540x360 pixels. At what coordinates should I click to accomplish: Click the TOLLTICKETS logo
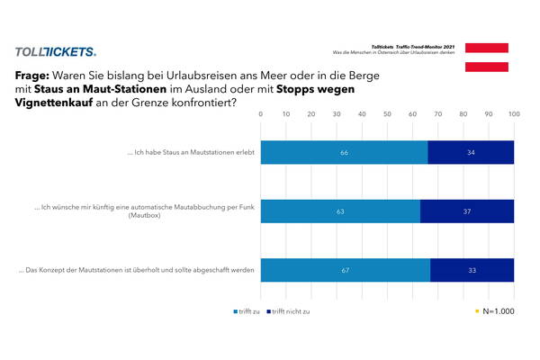pyautogui.click(x=55, y=53)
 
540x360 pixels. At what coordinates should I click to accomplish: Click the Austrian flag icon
pyautogui.click(x=487, y=57)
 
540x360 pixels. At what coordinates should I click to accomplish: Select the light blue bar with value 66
pyautogui.click(x=344, y=153)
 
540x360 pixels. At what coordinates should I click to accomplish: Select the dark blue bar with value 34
pyautogui.click(x=471, y=153)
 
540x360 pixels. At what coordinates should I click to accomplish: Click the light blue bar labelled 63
pyautogui.click(x=340, y=211)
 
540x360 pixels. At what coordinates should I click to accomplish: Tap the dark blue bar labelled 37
pyautogui.click(x=467, y=211)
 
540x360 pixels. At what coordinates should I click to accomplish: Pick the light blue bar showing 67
pyautogui.click(x=346, y=270)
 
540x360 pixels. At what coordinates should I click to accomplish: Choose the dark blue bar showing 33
pyautogui.click(x=472, y=270)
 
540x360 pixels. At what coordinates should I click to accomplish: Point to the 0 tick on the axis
pyautogui.click(x=261, y=114)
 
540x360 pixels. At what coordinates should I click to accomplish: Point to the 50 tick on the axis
pyautogui.click(x=388, y=114)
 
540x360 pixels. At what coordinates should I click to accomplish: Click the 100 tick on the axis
pyautogui.click(x=514, y=114)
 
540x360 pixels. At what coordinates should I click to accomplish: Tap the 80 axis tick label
pyautogui.click(x=463, y=114)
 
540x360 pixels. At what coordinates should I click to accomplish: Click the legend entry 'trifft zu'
pyautogui.click(x=247, y=311)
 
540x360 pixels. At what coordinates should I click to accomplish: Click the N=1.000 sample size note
pyautogui.click(x=497, y=311)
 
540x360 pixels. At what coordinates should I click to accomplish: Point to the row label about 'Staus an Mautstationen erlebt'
pyautogui.click(x=192, y=153)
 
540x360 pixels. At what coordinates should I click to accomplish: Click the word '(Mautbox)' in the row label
pyautogui.click(x=145, y=218)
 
